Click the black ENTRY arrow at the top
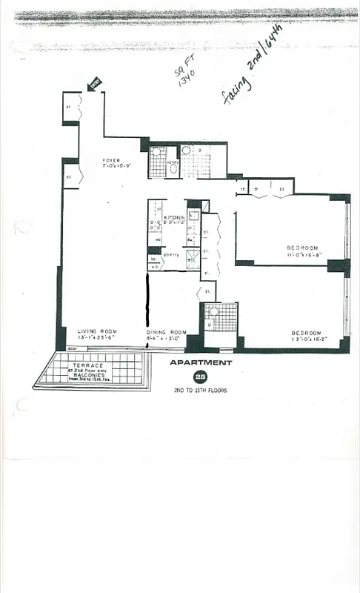pyautogui.click(x=94, y=85)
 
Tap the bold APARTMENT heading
pyautogui.click(x=201, y=362)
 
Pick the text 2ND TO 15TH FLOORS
pyautogui.click(x=201, y=390)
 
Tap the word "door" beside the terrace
pyautogui.click(x=72, y=348)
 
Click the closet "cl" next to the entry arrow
pyautogui.click(x=68, y=107)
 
